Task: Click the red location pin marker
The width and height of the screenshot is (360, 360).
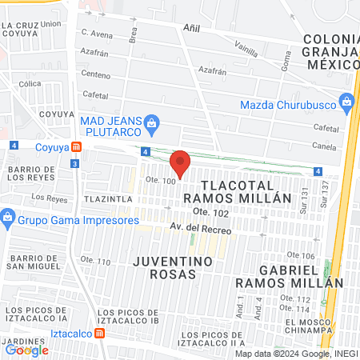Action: (x=180, y=163)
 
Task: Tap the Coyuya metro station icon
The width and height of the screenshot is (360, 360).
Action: (x=76, y=146)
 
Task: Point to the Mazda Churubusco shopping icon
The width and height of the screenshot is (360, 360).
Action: (x=346, y=102)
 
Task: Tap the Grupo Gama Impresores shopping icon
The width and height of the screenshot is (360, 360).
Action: (x=8, y=217)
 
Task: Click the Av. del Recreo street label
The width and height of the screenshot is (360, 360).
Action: (x=199, y=230)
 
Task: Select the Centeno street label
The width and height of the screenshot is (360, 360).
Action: (x=95, y=74)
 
